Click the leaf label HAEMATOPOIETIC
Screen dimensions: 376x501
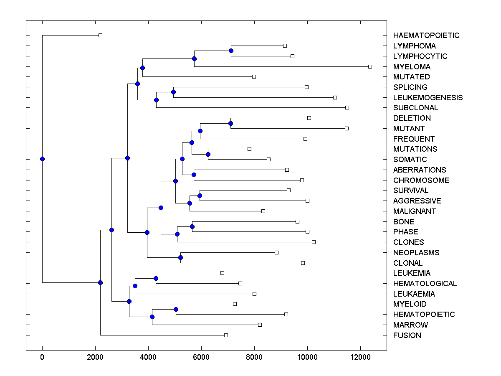click(x=426, y=36)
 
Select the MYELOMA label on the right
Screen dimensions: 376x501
click(x=412, y=66)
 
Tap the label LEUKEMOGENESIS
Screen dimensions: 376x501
click(x=428, y=97)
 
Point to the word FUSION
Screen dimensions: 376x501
click(x=407, y=335)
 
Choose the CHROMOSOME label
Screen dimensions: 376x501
click(x=421, y=180)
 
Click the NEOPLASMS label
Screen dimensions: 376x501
click(x=416, y=252)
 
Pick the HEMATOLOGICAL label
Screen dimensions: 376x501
click(x=425, y=283)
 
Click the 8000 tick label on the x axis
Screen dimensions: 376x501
click(x=254, y=357)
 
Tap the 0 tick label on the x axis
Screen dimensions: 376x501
click(x=42, y=357)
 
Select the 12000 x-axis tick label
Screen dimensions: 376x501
click(x=360, y=357)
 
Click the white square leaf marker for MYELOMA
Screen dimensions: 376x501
click(x=370, y=66)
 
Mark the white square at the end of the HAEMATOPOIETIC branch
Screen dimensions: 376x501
click(x=100, y=35)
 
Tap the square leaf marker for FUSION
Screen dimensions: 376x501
click(x=226, y=335)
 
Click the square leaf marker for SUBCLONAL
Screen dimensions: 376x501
click(x=347, y=107)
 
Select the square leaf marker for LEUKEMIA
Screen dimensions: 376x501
click(x=222, y=273)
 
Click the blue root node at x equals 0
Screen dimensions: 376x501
click(x=42, y=159)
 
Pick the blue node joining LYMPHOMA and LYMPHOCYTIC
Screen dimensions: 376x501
click(x=231, y=51)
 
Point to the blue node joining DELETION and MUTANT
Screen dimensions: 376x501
click(x=230, y=123)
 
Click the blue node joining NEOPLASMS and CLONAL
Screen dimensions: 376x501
click(x=180, y=257)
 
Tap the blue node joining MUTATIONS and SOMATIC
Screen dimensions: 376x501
click(x=208, y=154)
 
